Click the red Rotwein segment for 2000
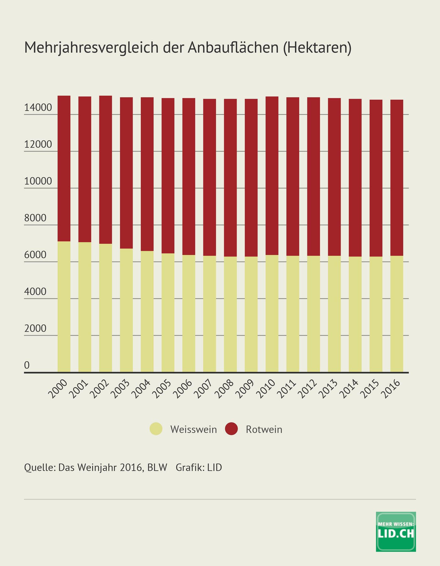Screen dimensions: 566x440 pyautogui.click(x=64, y=168)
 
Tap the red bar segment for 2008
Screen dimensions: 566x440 pyautogui.click(x=230, y=178)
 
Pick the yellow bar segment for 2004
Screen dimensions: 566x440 pyautogui.click(x=147, y=311)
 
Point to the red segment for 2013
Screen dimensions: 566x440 pyautogui.click(x=334, y=177)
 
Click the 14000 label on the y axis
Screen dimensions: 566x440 pyautogui.click(x=38, y=108)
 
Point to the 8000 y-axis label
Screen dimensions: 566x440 pyautogui.click(x=35, y=218)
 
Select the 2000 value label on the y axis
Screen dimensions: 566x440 pyautogui.click(x=35, y=328)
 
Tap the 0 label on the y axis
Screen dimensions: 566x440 pyautogui.click(x=27, y=365)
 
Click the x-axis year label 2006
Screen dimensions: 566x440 pyautogui.click(x=183, y=389)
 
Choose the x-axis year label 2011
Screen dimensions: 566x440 pyautogui.click(x=287, y=389)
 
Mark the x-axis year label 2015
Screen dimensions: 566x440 pyautogui.click(x=370, y=389)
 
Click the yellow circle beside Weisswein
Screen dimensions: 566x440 pyautogui.click(x=156, y=429)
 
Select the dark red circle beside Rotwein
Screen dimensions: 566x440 pyautogui.click(x=232, y=429)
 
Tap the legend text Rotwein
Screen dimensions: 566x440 pyautogui.click(x=264, y=430)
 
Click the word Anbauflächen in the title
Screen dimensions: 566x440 pyautogui.click(x=234, y=48)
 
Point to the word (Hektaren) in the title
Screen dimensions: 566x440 pyautogui.click(x=317, y=48)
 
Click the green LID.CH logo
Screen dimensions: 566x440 pyautogui.click(x=396, y=531)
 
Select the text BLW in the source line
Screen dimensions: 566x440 pyautogui.click(x=157, y=467)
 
